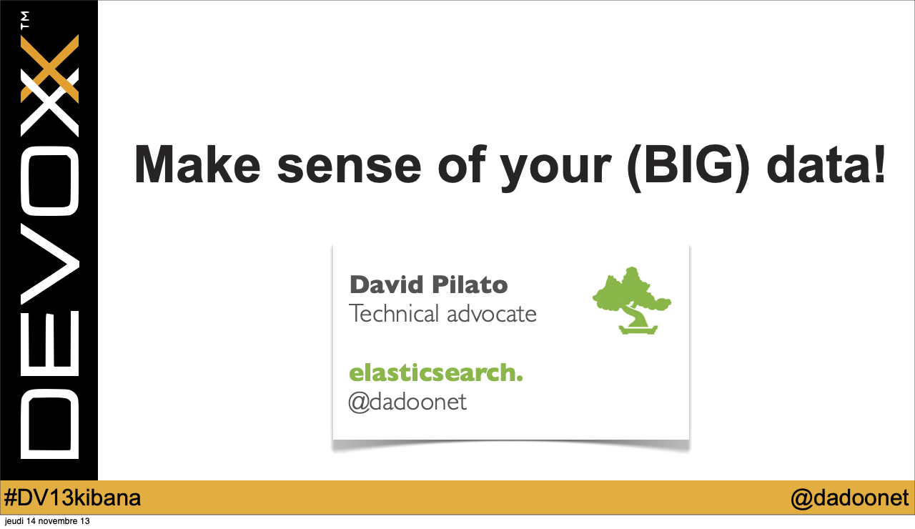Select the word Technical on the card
(x=394, y=313)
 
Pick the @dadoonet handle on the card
(x=407, y=402)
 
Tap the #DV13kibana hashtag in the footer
(x=72, y=498)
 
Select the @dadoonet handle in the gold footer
(x=850, y=498)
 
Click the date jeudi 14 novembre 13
(x=47, y=521)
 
